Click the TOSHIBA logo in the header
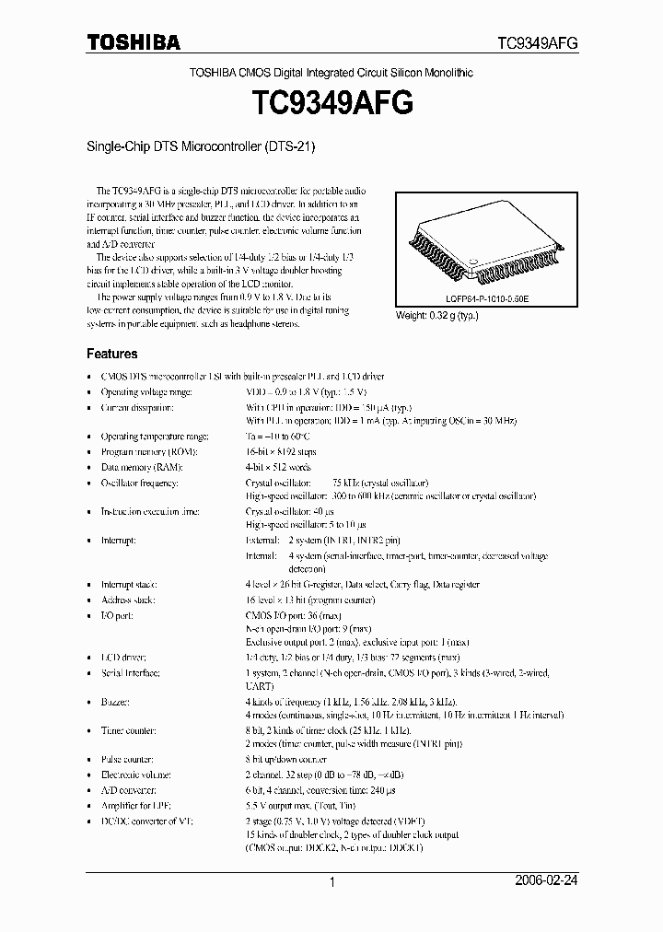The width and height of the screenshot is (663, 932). click(134, 42)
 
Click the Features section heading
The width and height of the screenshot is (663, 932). click(112, 354)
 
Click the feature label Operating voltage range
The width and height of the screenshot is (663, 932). click(146, 391)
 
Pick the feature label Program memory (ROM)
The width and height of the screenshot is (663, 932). click(145, 452)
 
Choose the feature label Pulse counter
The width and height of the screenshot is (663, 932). click(129, 761)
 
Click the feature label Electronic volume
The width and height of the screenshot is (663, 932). click(136, 775)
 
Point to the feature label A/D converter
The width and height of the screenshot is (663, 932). click(129, 790)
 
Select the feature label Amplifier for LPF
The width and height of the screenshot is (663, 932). click(135, 805)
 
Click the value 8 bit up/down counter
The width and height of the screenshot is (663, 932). click(286, 761)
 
